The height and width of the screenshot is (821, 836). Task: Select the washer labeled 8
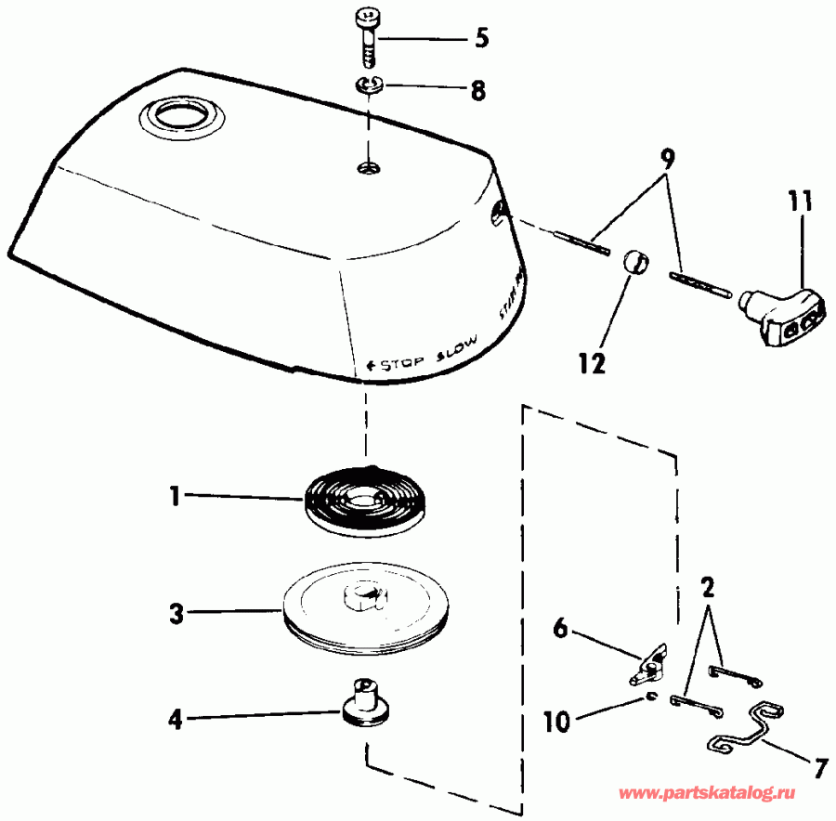(x=369, y=87)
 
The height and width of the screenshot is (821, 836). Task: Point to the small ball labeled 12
(x=632, y=263)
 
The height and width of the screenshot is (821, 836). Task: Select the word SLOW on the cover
(x=454, y=345)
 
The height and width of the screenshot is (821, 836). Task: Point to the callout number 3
(x=175, y=612)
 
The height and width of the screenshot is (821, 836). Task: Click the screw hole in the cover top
(x=369, y=167)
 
